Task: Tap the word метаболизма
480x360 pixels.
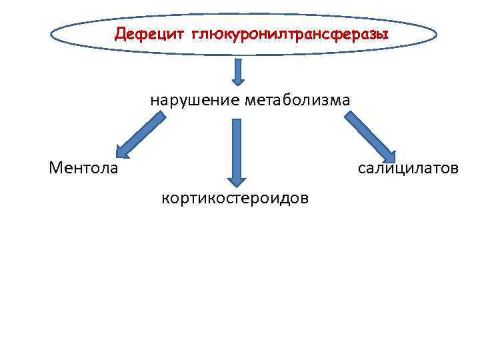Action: click(297, 101)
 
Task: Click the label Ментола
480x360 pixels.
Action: click(83, 167)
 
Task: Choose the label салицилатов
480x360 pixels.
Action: click(408, 167)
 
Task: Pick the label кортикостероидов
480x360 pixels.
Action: click(235, 198)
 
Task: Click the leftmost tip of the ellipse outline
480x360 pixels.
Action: click(51, 35)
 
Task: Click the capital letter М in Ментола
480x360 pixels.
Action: click(56, 167)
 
